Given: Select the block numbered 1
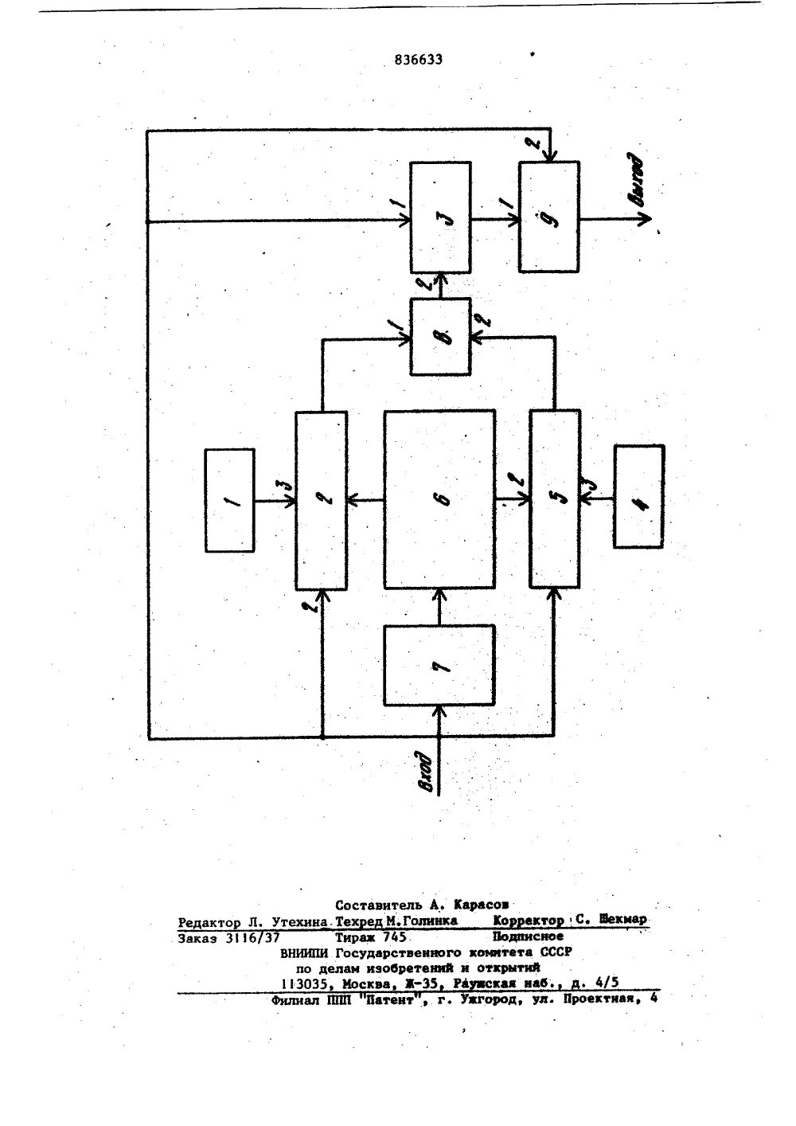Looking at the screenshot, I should pos(230,500).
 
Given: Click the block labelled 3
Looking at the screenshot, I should pos(439,217).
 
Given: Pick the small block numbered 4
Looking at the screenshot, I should pos(639,496).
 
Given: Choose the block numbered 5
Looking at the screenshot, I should pos(555,500).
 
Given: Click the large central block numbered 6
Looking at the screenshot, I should pos(439,500).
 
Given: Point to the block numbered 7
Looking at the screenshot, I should pos(439,665).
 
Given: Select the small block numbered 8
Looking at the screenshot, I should pos(440,336).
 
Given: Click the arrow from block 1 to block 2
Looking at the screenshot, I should pos(275,501).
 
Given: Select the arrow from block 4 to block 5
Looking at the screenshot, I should pos(596,498).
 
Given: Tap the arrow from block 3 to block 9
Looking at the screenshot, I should pos(494,218).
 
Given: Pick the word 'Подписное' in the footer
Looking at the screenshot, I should pos(528,936).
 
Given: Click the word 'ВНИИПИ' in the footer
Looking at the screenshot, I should pos(306,952).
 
